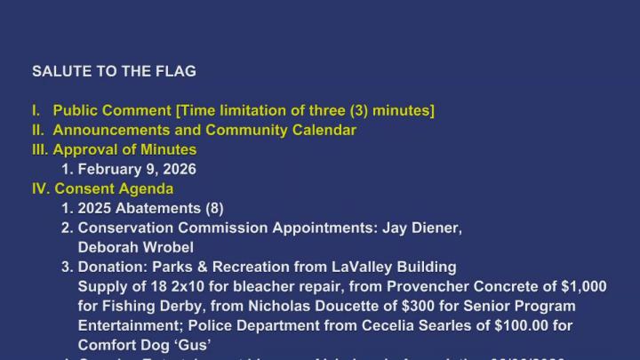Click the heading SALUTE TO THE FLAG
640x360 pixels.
(114, 71)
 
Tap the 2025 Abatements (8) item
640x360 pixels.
(150, 208)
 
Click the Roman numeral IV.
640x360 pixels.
(41, 188)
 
